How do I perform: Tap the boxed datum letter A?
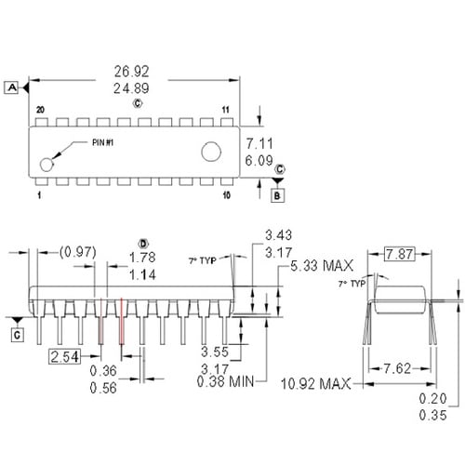(12, 87)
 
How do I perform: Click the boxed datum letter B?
(276, 194)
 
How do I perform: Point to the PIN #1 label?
(103, 142)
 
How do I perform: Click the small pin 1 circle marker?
(46, 165)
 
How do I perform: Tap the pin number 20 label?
(40, 111)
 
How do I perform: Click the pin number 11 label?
(226, 111)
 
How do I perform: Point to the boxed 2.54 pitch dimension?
(65, 357)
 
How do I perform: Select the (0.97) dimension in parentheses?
(77, 252)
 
